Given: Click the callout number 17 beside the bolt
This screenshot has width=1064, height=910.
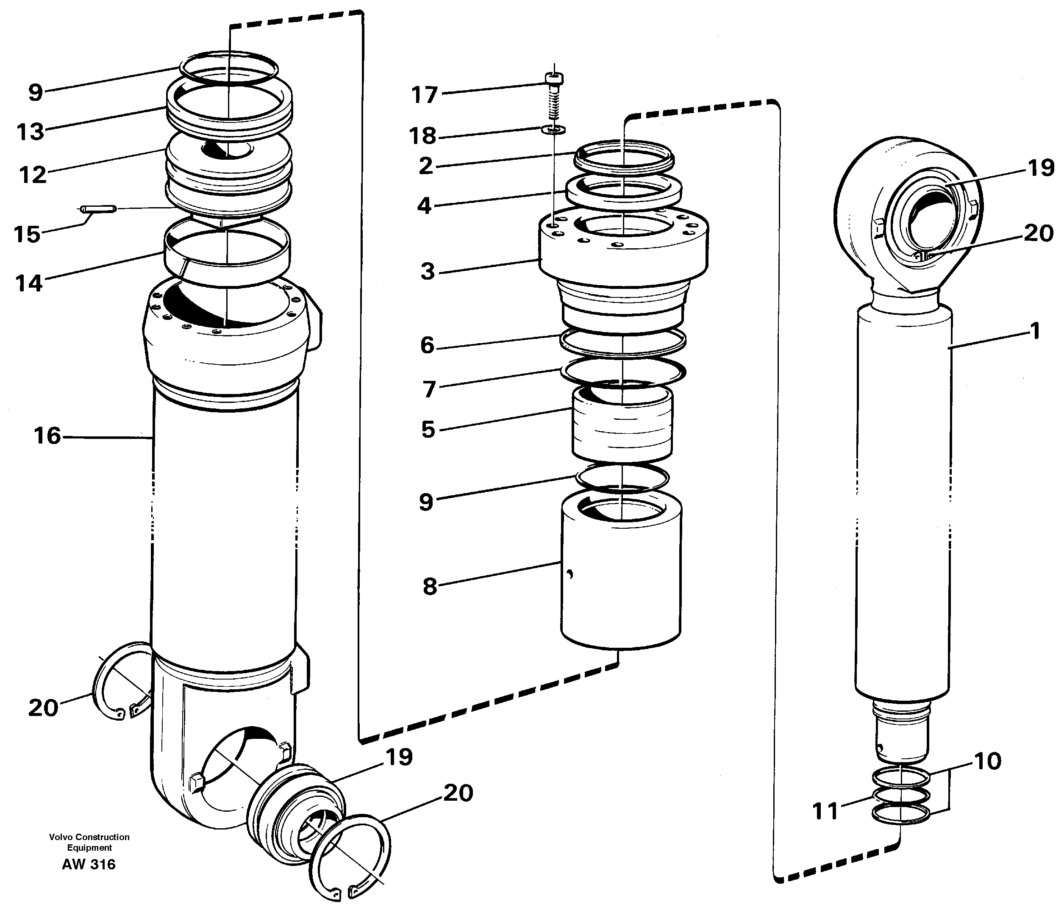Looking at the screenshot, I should [x=424, y=95].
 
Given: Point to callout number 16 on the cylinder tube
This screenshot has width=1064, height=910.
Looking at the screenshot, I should [x=47, y=436].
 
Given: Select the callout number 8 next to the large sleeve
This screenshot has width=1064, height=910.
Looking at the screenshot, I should [x=430, y=586].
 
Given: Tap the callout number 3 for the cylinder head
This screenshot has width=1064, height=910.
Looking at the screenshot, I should [x=427, y=271].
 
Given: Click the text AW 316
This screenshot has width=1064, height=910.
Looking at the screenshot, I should [x=89, y=864].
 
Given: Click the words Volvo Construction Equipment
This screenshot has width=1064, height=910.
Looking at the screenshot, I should [x=89, y=842].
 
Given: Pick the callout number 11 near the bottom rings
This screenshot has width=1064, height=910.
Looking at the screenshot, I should [x=825, y=811].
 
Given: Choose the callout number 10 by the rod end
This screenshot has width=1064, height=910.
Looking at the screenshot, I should [x=987, y=761].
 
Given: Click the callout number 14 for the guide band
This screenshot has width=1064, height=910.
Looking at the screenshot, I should [x=29, y=283].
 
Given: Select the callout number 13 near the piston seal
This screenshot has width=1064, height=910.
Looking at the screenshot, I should [x=31, y=132].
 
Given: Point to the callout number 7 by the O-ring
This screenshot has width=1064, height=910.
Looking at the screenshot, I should [x=429, y=389].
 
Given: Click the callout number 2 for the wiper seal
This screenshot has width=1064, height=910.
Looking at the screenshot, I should [x=426, y=166].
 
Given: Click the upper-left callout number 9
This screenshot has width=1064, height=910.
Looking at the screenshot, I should [x=35, y=93].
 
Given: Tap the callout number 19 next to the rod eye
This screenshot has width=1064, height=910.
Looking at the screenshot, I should [x=1040, y=168].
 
